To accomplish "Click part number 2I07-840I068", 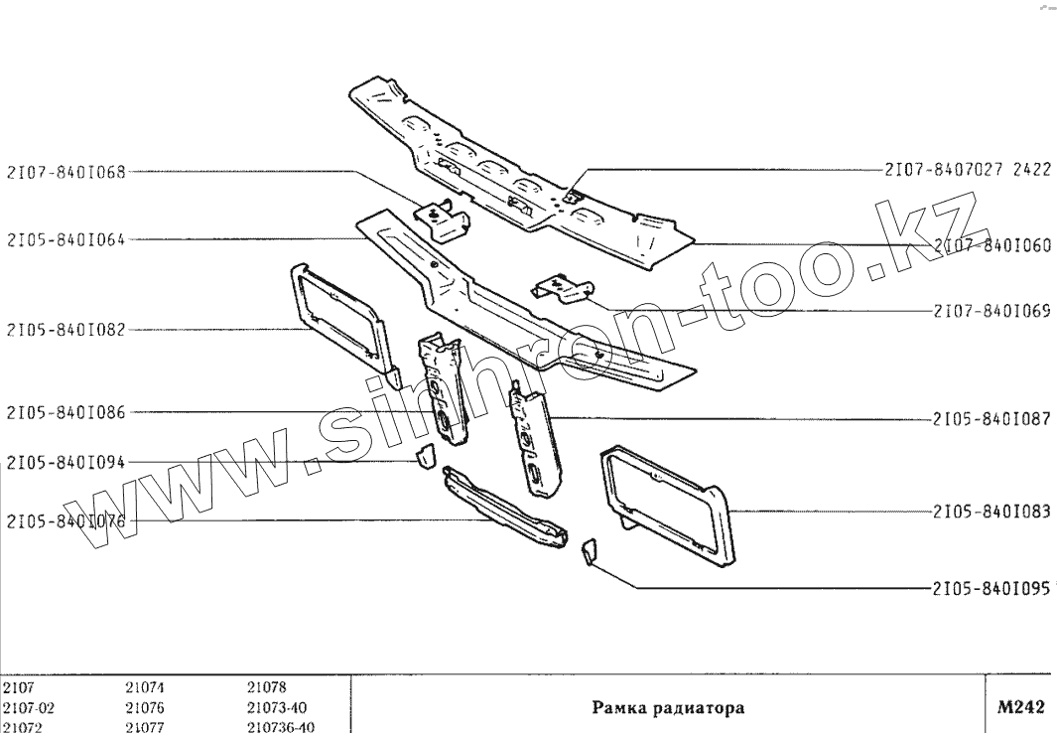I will point(66,172).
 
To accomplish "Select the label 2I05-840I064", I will point(66,240).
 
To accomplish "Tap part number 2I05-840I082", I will point(66,330).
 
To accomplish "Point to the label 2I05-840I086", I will point(66,412).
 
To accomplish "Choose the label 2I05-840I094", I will point(66,462).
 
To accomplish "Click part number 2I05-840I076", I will point(66,520).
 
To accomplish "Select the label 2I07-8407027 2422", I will point(968,169).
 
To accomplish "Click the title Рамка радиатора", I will point(668,708).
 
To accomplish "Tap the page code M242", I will point(1021,707).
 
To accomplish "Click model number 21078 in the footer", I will point(266,687).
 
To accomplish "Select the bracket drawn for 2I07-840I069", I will point(562,289).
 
